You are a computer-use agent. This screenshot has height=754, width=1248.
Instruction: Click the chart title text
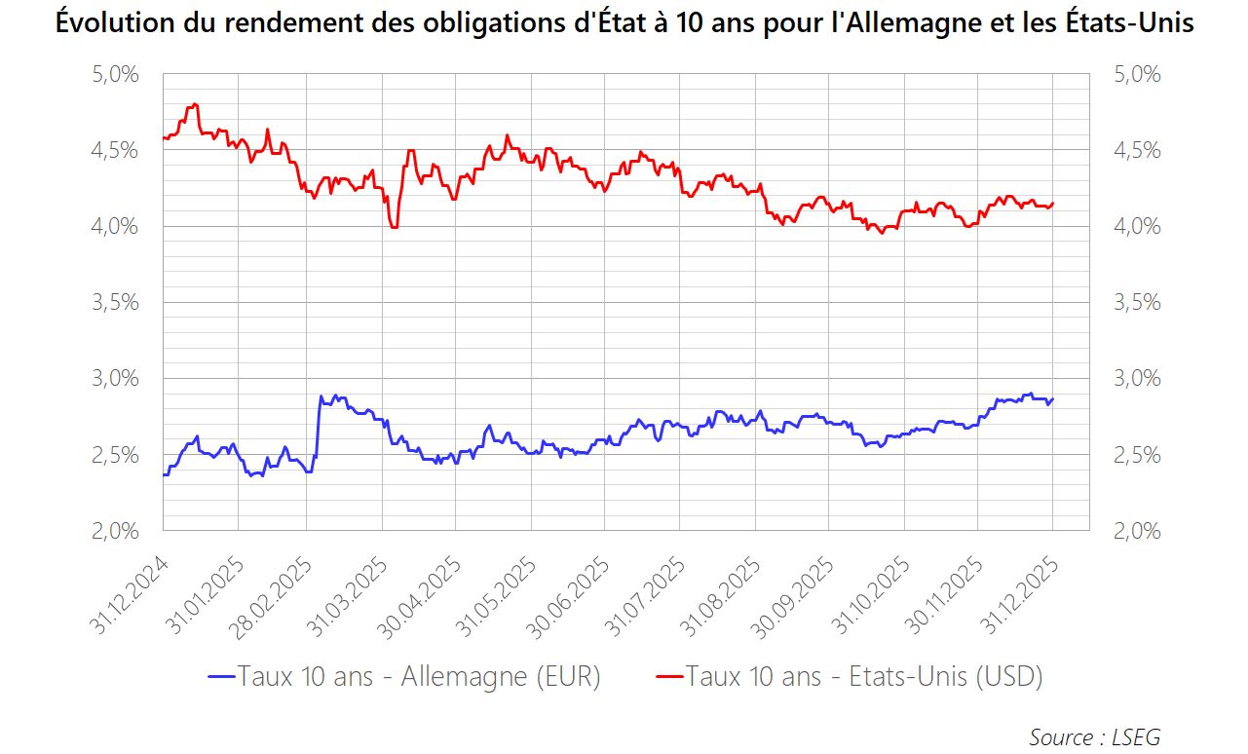tap(624, 23)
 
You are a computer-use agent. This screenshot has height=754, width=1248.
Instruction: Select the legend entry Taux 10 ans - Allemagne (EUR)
tap(404, 676)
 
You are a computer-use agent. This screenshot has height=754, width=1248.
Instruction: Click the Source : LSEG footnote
tap(1094, 736)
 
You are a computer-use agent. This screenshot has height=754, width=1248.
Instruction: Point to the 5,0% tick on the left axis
tap(113, 74)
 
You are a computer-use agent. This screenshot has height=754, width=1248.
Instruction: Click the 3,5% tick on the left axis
tap(113, 302)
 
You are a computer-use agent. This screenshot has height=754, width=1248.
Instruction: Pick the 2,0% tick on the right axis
tap(1137, 531)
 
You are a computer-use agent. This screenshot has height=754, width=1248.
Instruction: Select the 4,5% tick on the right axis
tap(1137, 150)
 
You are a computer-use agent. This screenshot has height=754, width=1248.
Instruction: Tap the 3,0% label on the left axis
tap(113, 378)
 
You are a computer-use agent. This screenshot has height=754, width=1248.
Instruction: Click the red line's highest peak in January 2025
tap(196, 104)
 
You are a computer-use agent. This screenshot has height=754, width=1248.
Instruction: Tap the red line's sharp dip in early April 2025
tap(394, 227)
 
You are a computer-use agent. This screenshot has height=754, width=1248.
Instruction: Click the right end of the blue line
tap(1053, 398)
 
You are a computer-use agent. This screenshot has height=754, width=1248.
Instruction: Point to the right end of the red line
tap(1053, 203)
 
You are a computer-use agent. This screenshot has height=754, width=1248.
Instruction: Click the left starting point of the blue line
tap(163, 474)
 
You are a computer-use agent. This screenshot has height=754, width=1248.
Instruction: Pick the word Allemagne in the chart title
tap(939, 23)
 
